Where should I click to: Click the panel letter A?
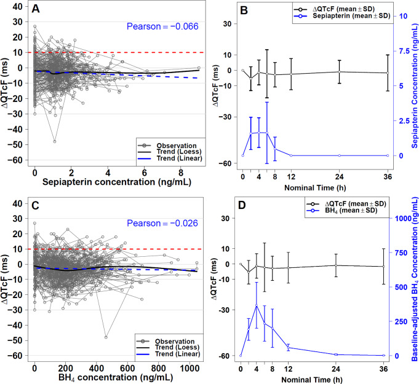37,10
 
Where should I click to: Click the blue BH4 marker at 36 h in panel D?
387,356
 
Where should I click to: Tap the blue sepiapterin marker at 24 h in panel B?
339,155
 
